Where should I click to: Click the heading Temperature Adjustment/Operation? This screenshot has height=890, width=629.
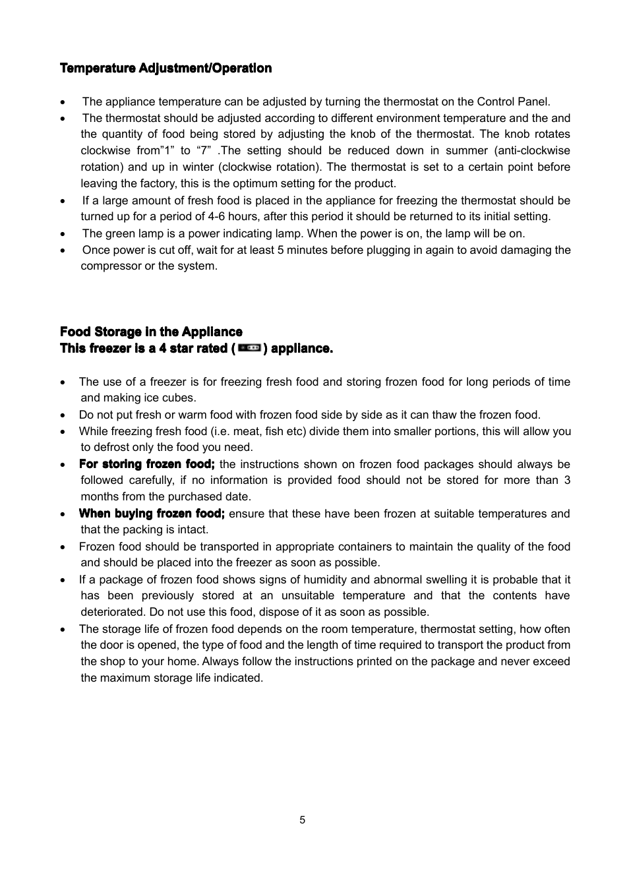pyautogui.click(x=165, y=69)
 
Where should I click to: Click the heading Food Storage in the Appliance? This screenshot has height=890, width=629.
pyautogui.click(x=151, y=332)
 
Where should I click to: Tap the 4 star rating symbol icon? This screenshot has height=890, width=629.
pyautogui.click(x=249, y=347)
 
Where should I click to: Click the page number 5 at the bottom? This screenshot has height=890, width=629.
pyautogui.click(x=302, y=820)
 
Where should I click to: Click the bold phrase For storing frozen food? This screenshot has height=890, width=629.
pyautogui.click(x=146, y=464)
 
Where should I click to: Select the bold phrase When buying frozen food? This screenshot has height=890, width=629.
pyautogui.click(x=152, y=514)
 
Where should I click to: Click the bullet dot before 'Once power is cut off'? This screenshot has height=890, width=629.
pyautogui.click(x=63, y=251)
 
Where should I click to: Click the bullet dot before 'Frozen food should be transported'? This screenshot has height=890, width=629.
pyautogui.click(x=63, y=547)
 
